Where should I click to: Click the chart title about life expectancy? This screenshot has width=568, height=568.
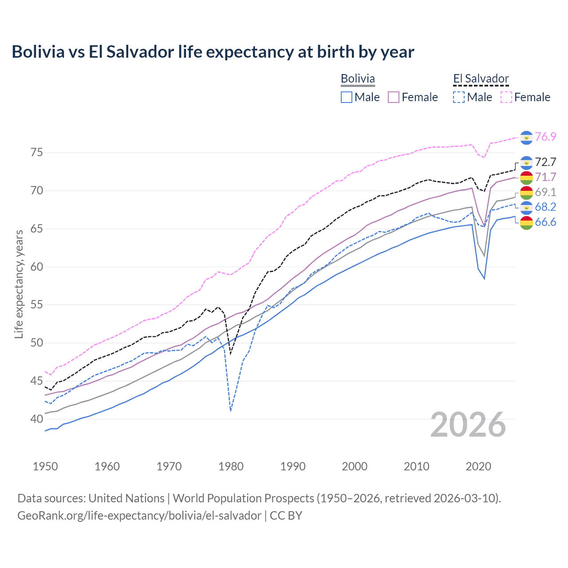click(x=213, y=52)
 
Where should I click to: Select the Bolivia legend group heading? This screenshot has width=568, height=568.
click(x=358, y=79)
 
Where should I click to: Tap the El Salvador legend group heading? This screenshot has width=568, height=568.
click(x=481, y=79)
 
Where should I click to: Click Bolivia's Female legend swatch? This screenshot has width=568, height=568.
click(x=394, y=97)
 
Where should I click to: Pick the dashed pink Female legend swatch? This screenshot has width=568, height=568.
click(x=506, y=97)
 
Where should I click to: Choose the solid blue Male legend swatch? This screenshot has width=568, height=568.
click(x=347, y=97)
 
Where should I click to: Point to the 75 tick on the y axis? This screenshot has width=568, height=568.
click(x=37, y=153)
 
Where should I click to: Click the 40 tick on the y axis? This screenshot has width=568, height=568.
click(x=37, y=419)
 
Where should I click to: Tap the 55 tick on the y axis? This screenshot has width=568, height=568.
click(x=37, y=305)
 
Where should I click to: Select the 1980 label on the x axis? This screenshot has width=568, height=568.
click(x=231, y=466)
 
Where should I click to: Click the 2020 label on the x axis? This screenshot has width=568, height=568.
click(x=478, y=466)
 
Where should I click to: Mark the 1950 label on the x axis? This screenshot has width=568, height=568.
click(x=45, y=466)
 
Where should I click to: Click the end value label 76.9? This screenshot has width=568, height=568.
click(x=545, y=137)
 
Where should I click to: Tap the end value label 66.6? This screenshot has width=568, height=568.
click(x=545, y=222)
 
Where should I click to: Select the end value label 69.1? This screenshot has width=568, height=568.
click(x=545, y=192)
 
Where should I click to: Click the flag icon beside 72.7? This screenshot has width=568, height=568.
click(x=526, y=162)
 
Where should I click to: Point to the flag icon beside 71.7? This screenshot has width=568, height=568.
click(x=526, y=177)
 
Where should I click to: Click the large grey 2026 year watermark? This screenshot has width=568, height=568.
click(x=468, y=425)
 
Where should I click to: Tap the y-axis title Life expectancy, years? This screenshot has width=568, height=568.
click(x=19, y=284)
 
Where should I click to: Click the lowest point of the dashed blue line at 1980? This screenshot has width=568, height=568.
click(x=231, y=411)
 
